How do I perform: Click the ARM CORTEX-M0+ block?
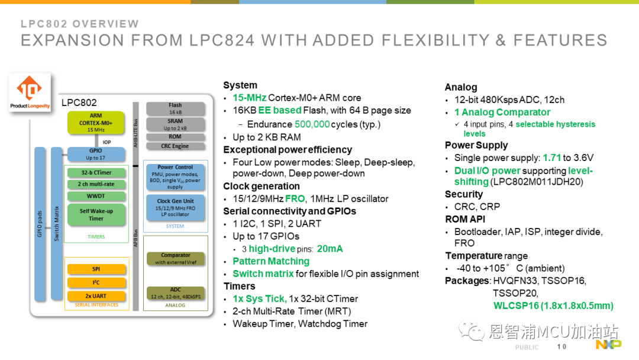tap(96, 123)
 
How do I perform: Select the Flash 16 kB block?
tap(175, 108)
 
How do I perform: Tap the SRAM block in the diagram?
tap(175, 124)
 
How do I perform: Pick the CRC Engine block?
tap(175, 146)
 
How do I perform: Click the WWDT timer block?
tap(96, 196)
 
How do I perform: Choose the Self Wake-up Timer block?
tap(96, 215)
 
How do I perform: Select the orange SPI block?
tap(96, 269)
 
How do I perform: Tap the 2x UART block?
tap(96, 296)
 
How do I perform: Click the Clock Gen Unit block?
tap(175, 207)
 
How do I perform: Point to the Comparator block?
tap(176, 259)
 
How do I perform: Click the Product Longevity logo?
tap(30, 92)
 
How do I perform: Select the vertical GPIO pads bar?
tap(40, 224)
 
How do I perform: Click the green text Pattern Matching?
tap(271, 261)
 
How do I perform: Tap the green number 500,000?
tap(312, 124)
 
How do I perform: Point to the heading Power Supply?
tap(476, 146)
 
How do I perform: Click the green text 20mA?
tap(330, 249)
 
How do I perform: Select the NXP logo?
tap(608, 345)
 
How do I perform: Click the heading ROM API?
tap(465, 219)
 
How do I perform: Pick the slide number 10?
tap(561, 346)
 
